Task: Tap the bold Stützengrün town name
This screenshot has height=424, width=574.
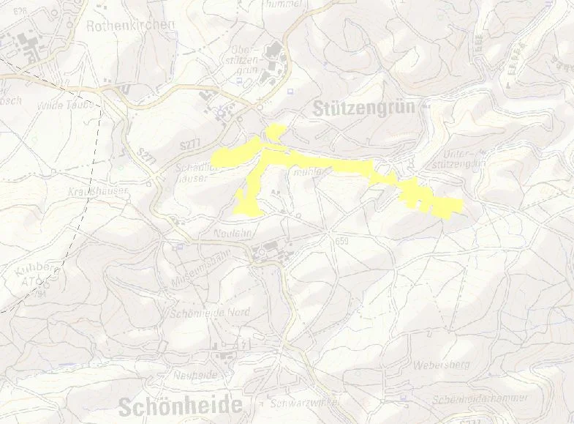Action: (363, 108)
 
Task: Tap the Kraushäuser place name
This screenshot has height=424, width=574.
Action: (99, 190)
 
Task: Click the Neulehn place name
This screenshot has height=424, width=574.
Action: (233, 233)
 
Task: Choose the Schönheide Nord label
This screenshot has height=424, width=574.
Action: (208, 313)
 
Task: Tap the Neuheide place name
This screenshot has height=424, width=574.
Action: (196, 374)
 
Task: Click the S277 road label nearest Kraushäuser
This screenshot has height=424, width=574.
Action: (147, 155)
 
